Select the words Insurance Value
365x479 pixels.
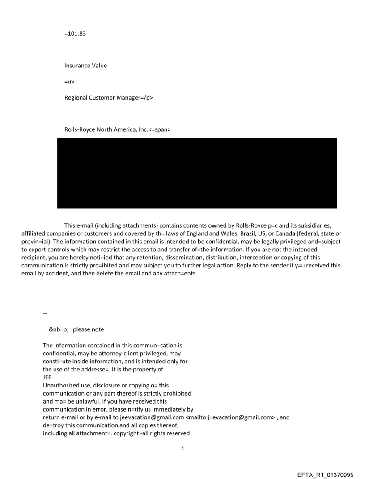pyautogui.click(x=85, y=66)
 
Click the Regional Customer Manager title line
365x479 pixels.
pyautogui.click(x=108, y=98)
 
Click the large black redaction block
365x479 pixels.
pyautogui.click(x=197, y=173)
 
